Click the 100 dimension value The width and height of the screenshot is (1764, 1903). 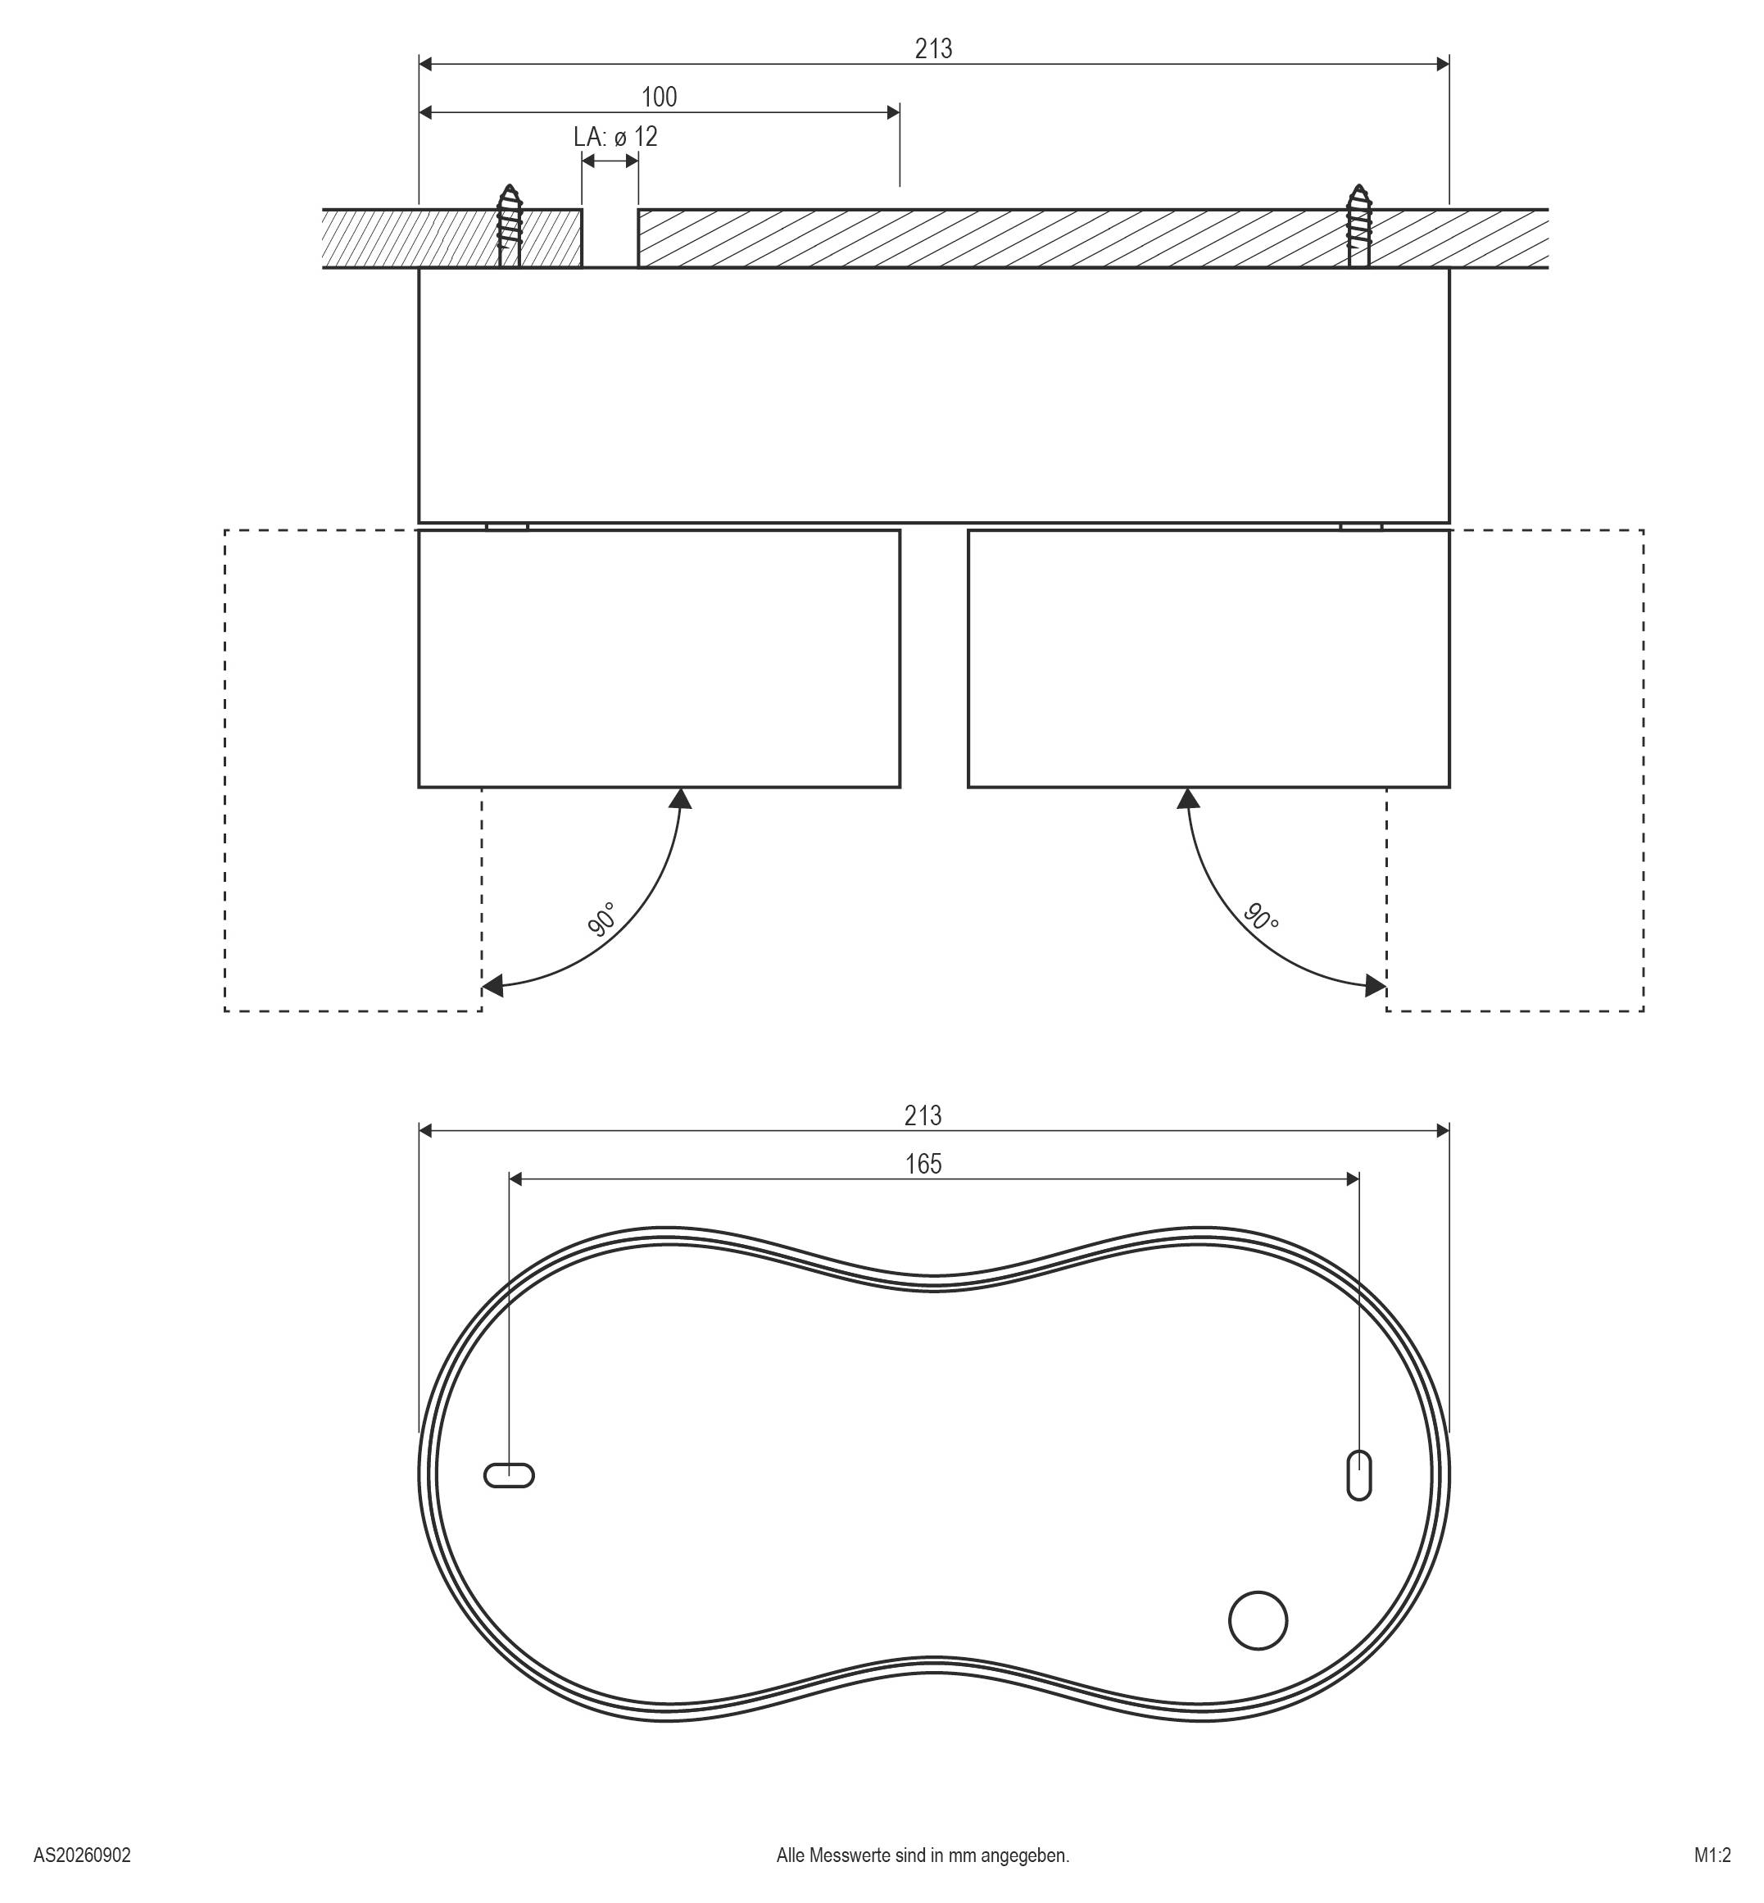(659, 97)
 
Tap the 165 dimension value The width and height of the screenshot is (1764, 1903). (923, 1164)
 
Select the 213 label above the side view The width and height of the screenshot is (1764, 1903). (933, 48)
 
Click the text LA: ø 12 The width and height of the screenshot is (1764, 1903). (615, 137)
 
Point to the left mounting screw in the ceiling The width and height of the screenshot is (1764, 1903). (510, 225)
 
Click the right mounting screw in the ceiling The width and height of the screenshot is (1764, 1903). (1358, 225)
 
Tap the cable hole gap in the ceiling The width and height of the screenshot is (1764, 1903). (610, 238)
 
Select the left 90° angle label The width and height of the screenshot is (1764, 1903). (602, 920)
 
